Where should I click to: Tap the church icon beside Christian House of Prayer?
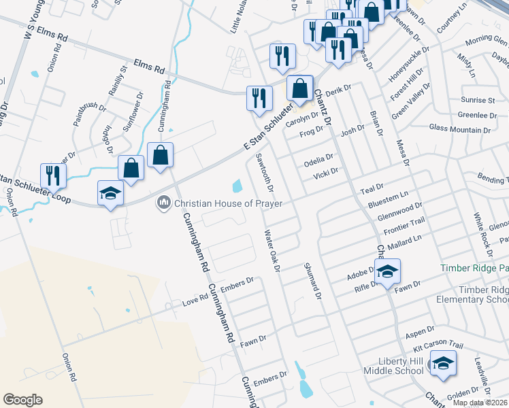(x=163, y=203)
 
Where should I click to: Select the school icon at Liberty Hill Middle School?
(x=443, y=364)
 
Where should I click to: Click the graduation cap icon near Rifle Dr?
(x=387, y=272)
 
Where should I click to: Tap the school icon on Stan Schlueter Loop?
(x=110, y=194)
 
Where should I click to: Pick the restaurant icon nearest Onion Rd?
(x=52, y=175)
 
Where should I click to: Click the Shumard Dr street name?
(x=311, y=281)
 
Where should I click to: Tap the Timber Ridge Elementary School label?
(x=483, y=294)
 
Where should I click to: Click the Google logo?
(x=22, y=400)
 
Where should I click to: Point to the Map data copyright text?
(x=480, y=403)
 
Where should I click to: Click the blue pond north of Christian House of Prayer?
(x=237, y=185)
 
